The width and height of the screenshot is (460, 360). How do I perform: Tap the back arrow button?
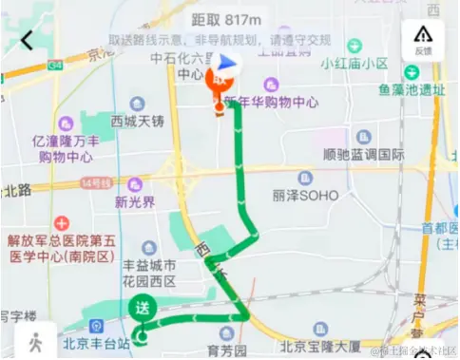(x=27, y=40)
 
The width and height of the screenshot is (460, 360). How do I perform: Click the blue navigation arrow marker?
(x=226, y=65)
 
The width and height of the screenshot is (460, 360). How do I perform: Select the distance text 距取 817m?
(x=226, y=19)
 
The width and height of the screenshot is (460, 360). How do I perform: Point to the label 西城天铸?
(x=138, y=121)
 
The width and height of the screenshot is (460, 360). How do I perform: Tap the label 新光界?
(x=134, y=201)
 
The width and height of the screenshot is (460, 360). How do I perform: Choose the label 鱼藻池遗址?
(x=412, y=91)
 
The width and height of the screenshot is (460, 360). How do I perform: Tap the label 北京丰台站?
(x=95, y=343)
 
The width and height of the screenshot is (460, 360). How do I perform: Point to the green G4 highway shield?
(x=55, y=66)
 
